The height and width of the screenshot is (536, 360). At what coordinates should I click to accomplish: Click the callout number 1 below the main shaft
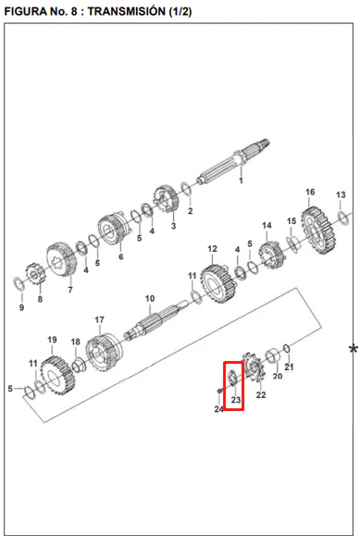pos(241,181)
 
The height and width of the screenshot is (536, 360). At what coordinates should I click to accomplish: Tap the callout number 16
pos(310,193)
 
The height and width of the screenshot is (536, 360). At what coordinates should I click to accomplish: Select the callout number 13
pos(341,194)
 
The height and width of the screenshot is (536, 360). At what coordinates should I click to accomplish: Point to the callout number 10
pos(150,299)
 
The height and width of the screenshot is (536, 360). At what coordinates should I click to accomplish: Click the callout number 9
pos(21,307)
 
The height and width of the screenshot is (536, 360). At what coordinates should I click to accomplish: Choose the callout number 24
pos(218,409)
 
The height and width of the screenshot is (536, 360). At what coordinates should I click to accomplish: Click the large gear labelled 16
pos(318,231)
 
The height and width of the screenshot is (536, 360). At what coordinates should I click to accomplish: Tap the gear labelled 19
pos(57,376)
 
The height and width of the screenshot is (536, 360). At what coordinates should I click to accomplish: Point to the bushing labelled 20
pos(274,355)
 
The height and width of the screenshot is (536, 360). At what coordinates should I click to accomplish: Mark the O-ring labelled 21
pos(287,349)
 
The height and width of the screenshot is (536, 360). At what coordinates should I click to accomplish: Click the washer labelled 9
pos(19,285)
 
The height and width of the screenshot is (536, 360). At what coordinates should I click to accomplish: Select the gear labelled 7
pos(61,260)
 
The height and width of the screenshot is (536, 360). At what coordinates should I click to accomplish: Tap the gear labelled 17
pos(104,353)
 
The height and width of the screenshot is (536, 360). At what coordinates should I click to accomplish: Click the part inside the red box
pos(233,378)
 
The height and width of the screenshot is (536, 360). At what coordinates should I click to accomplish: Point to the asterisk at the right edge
pos(354,350)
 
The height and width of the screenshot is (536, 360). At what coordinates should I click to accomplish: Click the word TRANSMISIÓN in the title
pos(127,11)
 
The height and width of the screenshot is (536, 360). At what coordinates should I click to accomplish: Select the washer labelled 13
pos(343,218)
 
